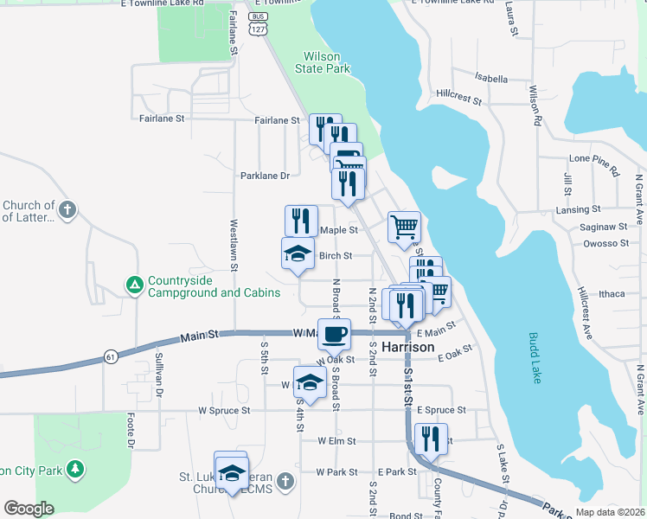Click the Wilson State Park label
click(x=322, y=61)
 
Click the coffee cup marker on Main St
click(x=334, y=333)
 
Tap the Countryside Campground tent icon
click(x=134, y=285)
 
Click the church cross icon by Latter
click(x=67, y=209)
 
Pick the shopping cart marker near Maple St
click(x=404, y=227)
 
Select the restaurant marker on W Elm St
click(x=429, y=439)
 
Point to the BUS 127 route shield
click(x=257, y=23)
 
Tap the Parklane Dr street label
click(x=265, y=176)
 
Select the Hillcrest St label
click(x=459, y=96)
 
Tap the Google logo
click(x=29, y=509)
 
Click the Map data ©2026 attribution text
click(x=610, y=512)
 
